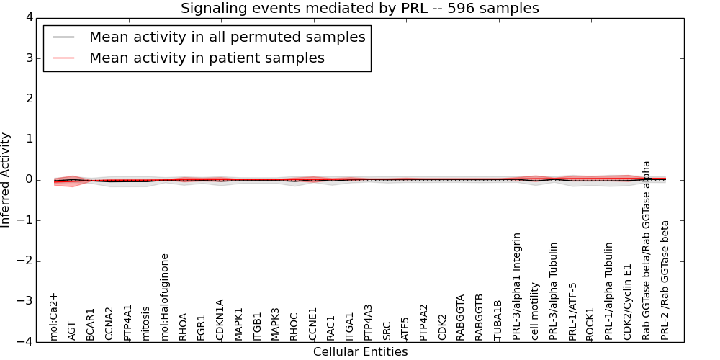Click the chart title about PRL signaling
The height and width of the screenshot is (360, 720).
tap(359, 8)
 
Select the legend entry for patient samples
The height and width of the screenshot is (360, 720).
tap(207, 58)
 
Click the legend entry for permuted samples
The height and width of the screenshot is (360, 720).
tap(227, 37)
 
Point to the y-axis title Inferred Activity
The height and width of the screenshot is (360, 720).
tap(6, 180)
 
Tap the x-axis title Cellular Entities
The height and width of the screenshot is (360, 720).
tap(360, 352)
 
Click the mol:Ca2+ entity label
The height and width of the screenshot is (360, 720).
tap(54, 315)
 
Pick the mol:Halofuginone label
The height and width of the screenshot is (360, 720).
tap(165, 296)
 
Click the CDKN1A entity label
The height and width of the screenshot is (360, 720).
tap(220, 319)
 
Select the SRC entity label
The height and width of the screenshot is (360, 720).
tap(387, 330)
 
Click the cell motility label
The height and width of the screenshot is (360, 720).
tap(535, 310)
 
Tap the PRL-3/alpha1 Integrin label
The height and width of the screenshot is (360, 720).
tap(517, 286)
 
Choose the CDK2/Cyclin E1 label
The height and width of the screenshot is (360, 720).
tap(628, 302)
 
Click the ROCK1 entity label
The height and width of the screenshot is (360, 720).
tap(590, 323)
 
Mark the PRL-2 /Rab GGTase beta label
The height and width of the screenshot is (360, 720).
tap(665, 279)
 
